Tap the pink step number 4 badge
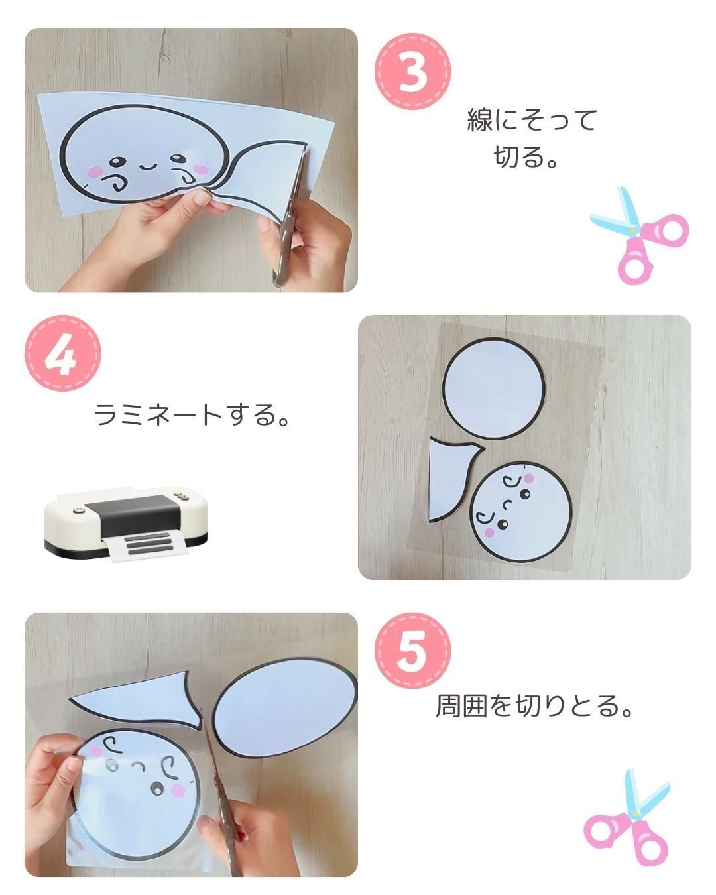[63, 353]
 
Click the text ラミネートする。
[191, 414]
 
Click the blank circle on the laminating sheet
[493, 388]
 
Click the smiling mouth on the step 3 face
[148, 168]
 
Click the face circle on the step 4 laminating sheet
[522, 512]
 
